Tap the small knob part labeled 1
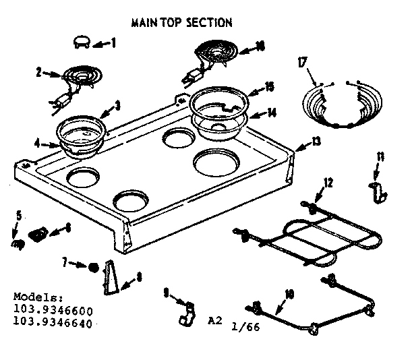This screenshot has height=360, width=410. (80, 42)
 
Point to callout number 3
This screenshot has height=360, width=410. (117, 104)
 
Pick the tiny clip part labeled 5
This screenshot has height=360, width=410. (19, 238)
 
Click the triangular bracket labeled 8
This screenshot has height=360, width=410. (112, 279)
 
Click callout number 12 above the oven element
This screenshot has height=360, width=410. (328, 182)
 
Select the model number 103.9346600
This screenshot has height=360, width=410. (53, 309)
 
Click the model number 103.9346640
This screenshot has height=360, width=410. (53, 322)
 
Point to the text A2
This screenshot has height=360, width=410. (214, 321)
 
